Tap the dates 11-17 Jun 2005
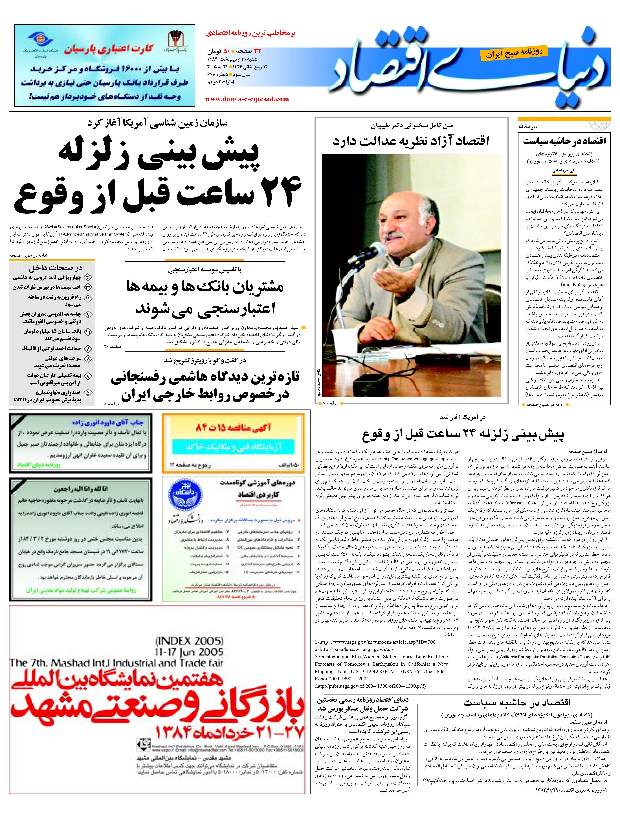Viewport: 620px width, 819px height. [x=189, y=652]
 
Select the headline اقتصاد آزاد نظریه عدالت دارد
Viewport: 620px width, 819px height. [x=411, y=141]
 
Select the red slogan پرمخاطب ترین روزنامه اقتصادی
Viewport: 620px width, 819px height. [x=250, y=33]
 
